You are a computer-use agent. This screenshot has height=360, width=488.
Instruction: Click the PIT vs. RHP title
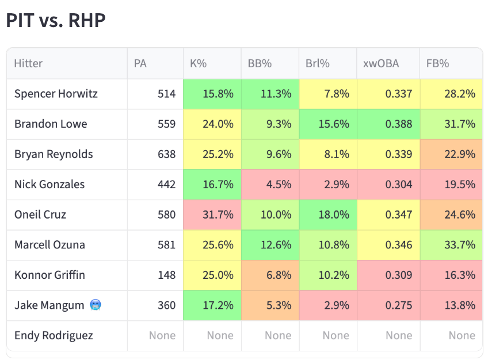pos(56,21)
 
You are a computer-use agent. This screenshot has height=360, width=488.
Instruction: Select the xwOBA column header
pos(381,63)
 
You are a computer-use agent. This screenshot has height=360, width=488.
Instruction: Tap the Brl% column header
pos(318,63)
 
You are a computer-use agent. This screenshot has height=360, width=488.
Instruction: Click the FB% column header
pos(437,63)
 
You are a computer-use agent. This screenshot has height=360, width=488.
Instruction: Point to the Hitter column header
pos(28,63)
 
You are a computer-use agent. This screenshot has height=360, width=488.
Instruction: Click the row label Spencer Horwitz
pos(56,94)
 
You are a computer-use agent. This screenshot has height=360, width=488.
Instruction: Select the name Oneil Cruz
pos(40,215)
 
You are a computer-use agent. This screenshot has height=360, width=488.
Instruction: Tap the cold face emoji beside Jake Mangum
pos(96,305)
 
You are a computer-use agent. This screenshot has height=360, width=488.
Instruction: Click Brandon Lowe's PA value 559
pos(166,124)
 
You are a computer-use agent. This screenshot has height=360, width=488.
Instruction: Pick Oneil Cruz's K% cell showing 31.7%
pos(212,215)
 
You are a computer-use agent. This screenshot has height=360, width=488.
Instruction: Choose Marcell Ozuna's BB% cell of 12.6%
pos(270,245)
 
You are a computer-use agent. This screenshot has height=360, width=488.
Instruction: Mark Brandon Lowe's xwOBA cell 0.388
pos(388,124)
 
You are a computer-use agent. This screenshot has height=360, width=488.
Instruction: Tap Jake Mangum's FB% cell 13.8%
pos(451,305)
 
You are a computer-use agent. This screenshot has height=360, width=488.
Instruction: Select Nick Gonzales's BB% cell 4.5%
pos(270,185)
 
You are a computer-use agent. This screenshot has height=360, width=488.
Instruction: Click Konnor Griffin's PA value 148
pos(166,275)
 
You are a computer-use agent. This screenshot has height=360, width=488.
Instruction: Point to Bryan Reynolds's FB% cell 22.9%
pos(451,154)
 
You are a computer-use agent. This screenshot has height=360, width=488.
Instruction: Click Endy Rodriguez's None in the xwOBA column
pos(399,335)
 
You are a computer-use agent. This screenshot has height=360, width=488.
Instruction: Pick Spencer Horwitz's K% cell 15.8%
pos(212,94)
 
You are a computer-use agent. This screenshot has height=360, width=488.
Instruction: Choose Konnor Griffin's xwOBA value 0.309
pos(399,275)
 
